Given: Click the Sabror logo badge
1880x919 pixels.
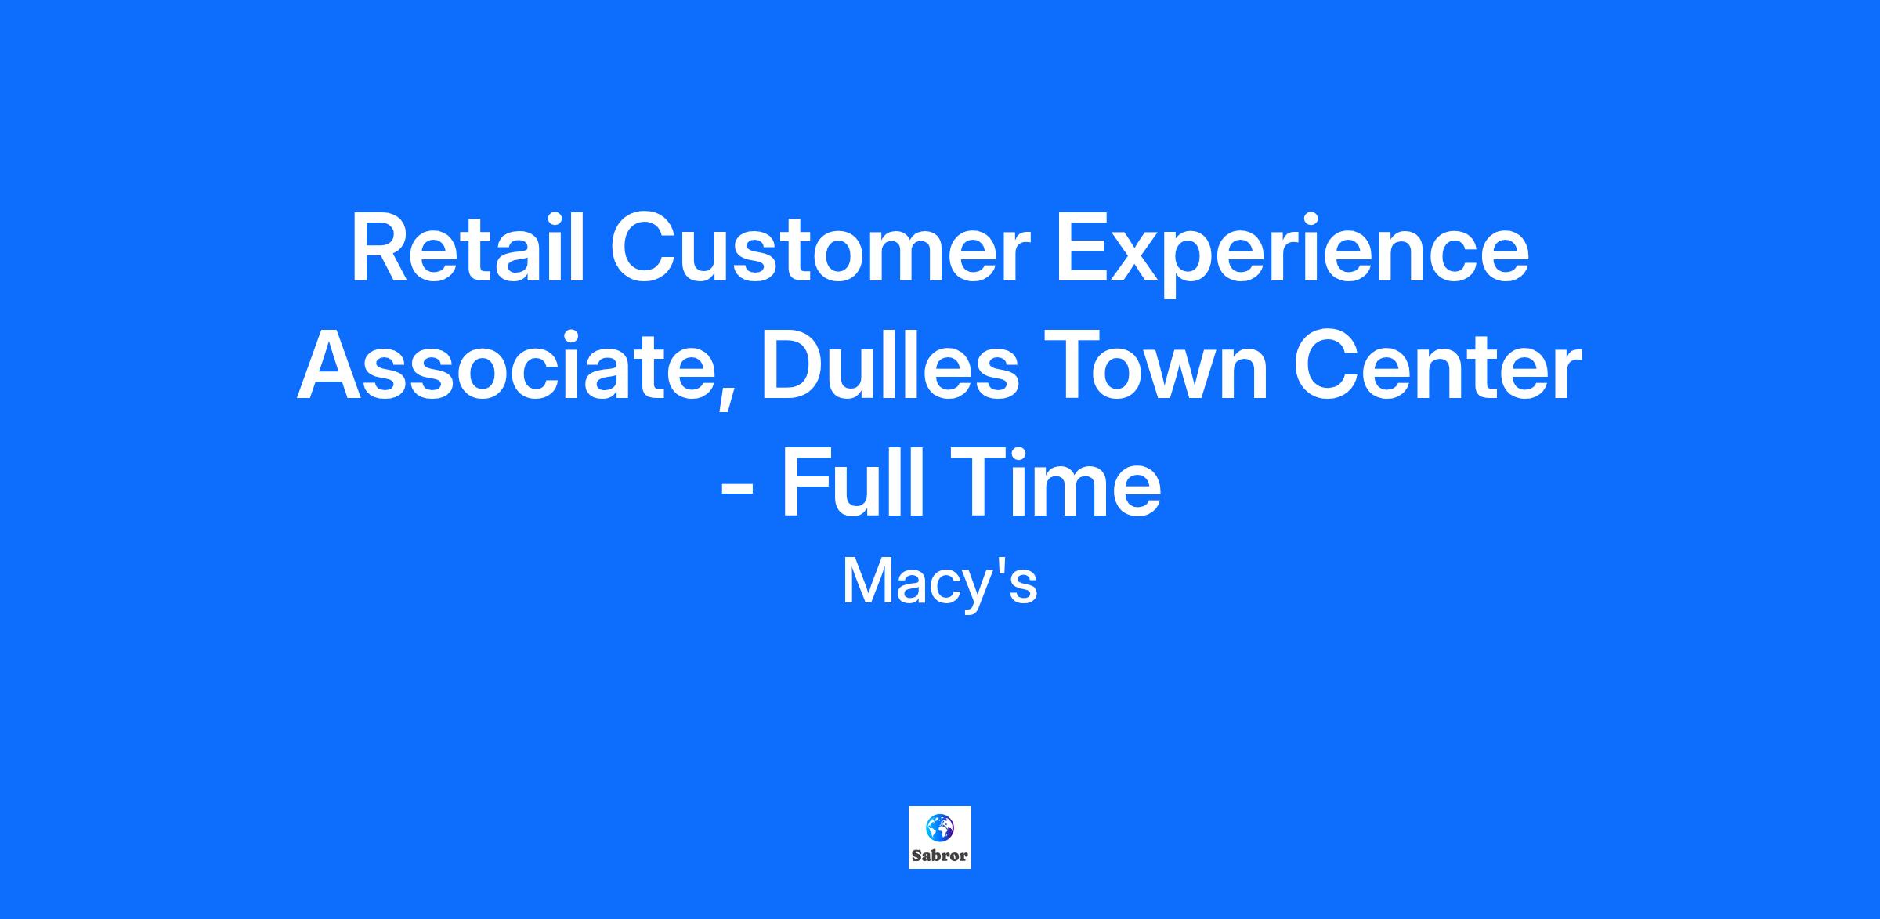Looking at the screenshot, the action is [x=940, y=838].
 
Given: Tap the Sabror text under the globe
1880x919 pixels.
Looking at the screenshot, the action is [x=940, y=856].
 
